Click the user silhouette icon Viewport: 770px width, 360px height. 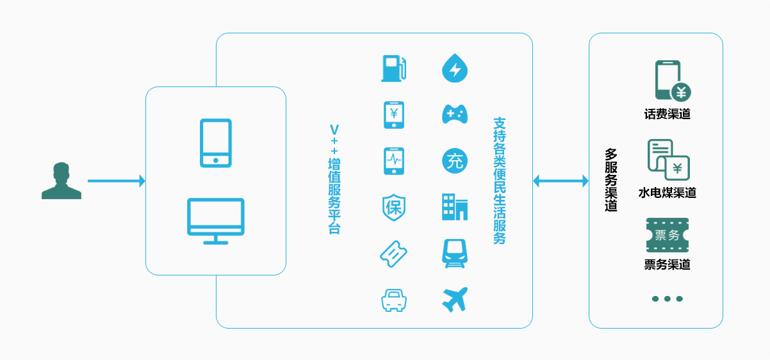(x=61, y=181)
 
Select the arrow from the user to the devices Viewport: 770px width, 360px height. (x=116, y=181)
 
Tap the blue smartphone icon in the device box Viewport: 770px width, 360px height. (x=215, y=143)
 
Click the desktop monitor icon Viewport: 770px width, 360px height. (x=215, y=221)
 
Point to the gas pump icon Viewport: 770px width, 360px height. (x=393, y=69)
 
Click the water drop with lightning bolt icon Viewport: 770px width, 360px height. (x=455, y=68)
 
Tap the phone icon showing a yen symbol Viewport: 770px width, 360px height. (x=394, y=115)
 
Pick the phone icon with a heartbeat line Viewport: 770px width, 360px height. (x=394, y=161)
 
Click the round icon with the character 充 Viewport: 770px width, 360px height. (x=455, y=161)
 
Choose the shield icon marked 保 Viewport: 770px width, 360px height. (x=394, y=207)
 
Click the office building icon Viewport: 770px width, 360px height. (x=455, y=207)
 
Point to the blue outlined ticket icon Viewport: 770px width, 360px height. (x=393, y=254)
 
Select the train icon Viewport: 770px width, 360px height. (x=455, y=254)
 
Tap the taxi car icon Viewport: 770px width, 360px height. (x=394, y=300)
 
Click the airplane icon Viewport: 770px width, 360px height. (x=455, y=300)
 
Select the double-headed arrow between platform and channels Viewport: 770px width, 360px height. (x=561, y=181)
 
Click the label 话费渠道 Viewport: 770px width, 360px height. (x=668, y=115)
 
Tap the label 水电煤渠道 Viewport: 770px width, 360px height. (x=668, y=193)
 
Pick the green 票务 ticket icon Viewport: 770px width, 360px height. (x=668, y=235)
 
